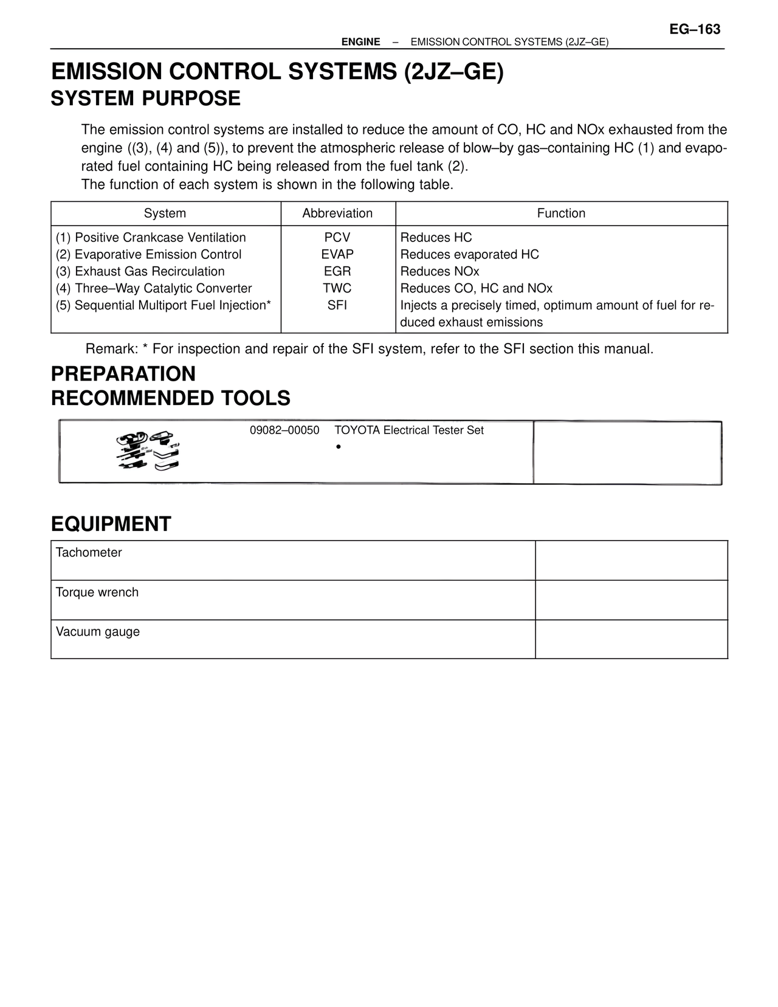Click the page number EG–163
click(x=695, y=29)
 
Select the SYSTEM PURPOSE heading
click(x=146, y=99)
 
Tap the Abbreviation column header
click(x=337, y=213)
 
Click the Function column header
click(x=561, y=213)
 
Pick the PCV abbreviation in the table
click(x=337, y=238)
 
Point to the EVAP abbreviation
click(x=337, y=255)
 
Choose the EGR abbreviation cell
click(x=337, y=272)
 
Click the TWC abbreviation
click(x=337, y=289)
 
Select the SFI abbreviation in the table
click(x=337, y=306)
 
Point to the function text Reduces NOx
click(x=439, y=272)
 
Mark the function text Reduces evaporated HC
click(x=469, y=255)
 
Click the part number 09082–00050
click(x=284, y=431)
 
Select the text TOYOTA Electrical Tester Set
click(x=409, y=431)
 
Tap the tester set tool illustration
click(x=150, y=452)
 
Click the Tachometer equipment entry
click(x=89, y=553)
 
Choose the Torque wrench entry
click(x=97, y=592)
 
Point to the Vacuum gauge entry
click(x=98, y=632)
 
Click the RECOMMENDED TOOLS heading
click(x=171, y=398)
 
